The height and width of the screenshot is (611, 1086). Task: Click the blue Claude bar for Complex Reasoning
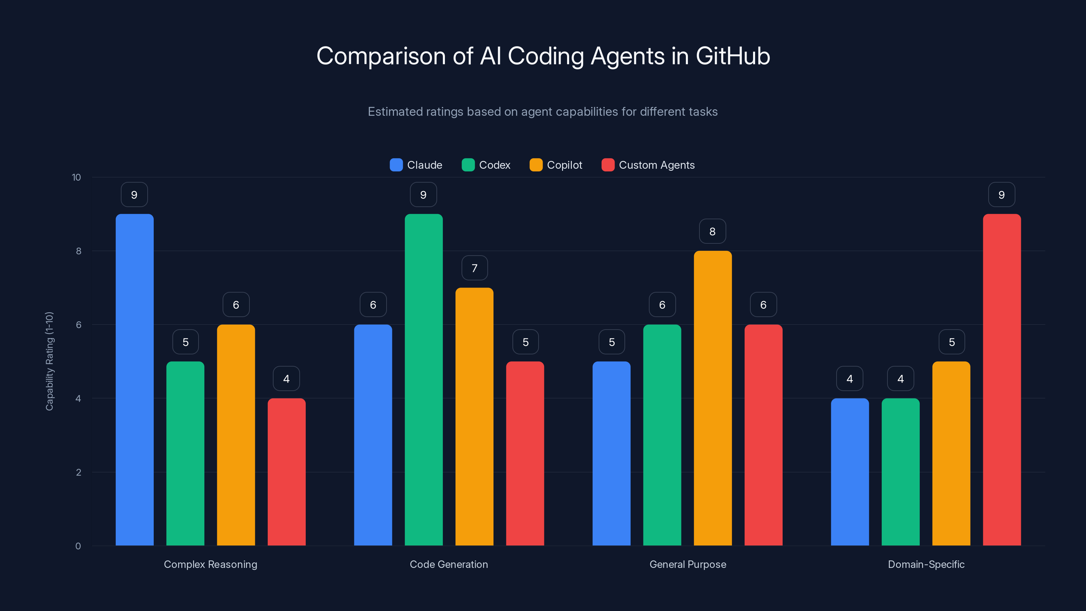click(x=134, y=379)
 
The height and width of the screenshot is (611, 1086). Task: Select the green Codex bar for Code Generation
click(x=424, y=379)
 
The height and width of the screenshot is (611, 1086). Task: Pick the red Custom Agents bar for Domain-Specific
click(x=1002, y=379)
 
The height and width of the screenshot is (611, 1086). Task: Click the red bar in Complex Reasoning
click(x=287, y=472)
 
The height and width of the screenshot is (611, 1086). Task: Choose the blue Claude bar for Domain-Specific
click(x=849, y=472)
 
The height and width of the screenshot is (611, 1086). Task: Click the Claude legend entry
click(x=416, y=165)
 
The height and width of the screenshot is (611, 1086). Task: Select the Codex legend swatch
click(x=468, y=165)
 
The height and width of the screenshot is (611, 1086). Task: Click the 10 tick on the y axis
click(x=76, y=177)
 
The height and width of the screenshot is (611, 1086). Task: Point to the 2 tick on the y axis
click(x=78, y=472)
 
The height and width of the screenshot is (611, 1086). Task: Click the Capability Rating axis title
click(x=49, y=361)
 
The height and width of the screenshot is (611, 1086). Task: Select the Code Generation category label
click(x=449, y=564)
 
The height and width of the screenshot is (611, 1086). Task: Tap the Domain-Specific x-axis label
click(x=926, y=564)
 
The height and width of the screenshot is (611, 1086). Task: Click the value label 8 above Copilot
click(x=712, y=231)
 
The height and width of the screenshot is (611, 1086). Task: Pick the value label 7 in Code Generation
click(x=474, y=268)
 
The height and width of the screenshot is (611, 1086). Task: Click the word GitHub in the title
click(x=733, y=56)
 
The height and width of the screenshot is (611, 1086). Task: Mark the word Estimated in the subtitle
click(x=395, y=111)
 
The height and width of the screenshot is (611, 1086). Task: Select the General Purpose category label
click(x=688, y=564)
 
